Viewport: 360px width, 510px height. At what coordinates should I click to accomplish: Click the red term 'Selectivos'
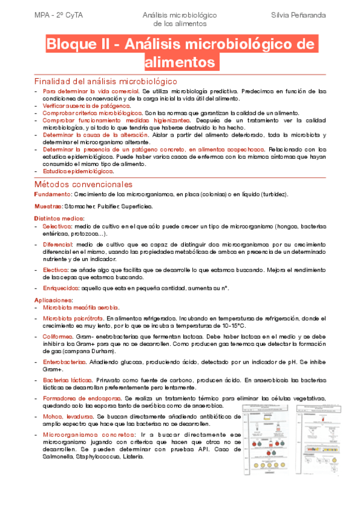pyautogui.click(x=56, y=226)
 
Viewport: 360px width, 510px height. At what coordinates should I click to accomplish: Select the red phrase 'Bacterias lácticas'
pyautogui.click(x=67, y=381)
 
